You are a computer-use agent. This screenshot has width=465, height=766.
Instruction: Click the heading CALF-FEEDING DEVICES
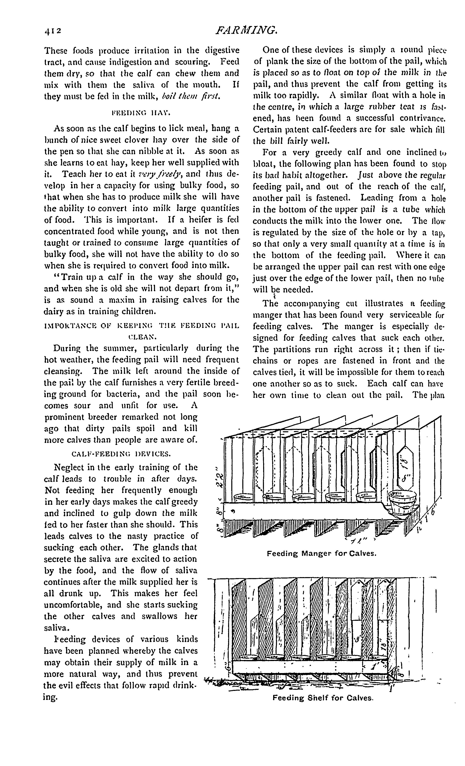coord(121,454)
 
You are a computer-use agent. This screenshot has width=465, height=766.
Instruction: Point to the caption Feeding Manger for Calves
coord(321,554)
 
